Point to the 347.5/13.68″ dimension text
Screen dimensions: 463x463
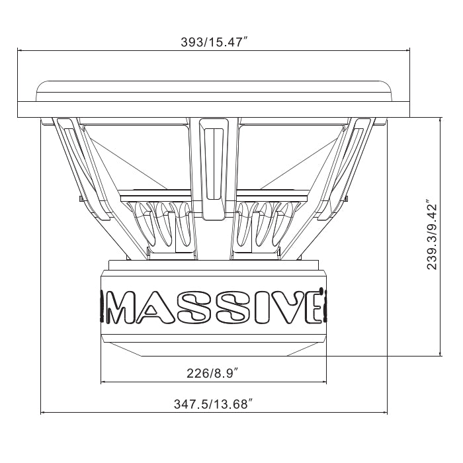point(214,403)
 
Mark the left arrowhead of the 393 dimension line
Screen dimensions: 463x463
point(21,50)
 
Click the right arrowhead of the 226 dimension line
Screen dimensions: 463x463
point(324,382)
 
